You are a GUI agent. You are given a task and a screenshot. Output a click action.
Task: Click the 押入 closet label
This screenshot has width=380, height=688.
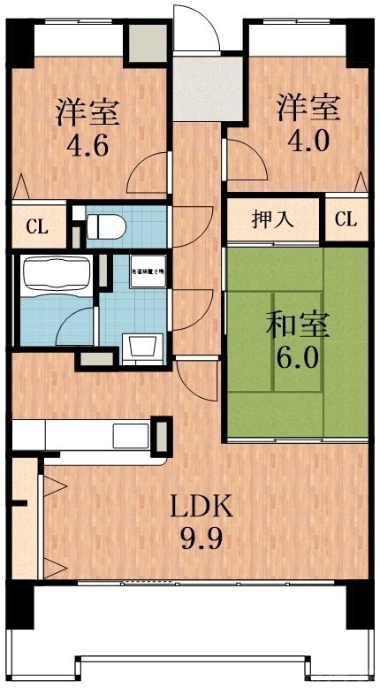[273, 220]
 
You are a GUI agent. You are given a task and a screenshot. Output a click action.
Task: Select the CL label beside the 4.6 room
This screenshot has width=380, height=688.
[36, 226]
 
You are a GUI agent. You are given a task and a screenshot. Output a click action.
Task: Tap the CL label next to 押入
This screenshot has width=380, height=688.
[346, 220]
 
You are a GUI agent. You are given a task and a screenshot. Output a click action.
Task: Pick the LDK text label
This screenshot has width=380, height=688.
[201, 506]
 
